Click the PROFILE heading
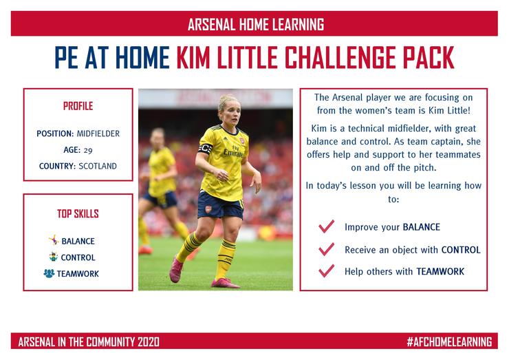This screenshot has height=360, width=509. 78,106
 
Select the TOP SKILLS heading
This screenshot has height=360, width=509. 78,213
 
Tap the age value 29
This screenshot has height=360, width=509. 88,151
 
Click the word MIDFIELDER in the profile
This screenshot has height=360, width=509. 98,134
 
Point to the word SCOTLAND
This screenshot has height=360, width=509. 98,166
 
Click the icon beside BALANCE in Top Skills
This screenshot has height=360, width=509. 54,240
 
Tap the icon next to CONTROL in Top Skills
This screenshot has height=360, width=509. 54,256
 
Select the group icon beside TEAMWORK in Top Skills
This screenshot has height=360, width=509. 49,273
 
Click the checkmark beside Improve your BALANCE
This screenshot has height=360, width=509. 326,226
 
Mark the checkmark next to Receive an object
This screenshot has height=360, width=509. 326,249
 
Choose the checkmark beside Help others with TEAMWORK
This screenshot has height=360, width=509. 326,271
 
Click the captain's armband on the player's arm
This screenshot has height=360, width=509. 205,148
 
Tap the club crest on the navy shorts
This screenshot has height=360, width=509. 208,209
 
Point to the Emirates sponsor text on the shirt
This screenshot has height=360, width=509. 233,153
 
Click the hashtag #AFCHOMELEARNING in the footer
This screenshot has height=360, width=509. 449,342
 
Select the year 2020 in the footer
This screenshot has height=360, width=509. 149,342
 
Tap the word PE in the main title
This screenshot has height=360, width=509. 67,58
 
